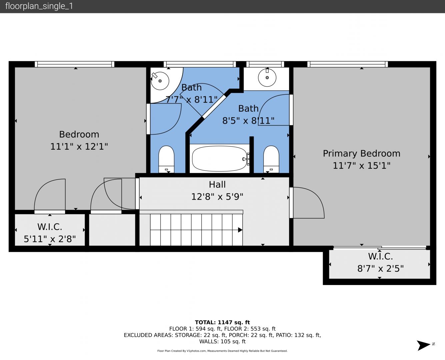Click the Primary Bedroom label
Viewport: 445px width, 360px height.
tap(362, 154)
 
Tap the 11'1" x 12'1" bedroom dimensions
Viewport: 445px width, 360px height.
tap(79, 146)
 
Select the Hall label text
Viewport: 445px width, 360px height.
tap(217, 184)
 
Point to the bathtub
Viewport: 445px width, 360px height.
tap(220, 159)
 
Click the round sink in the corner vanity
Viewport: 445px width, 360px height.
tap(160, 81)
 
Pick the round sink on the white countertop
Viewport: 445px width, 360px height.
tap(267, 78)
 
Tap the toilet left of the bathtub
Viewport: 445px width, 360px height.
tap(166, 159)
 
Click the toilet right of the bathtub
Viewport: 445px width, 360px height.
tap(271, 159)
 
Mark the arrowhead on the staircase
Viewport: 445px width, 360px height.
tap(240, 230)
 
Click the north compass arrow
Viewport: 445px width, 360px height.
tap(424, 345)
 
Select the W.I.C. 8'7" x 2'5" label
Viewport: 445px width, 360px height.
tap(380, 262)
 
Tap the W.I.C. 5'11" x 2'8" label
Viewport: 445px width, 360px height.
tap(50, 233)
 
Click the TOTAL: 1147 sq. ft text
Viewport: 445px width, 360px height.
tap(222, 322)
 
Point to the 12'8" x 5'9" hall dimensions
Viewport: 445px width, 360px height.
tap(217, 197)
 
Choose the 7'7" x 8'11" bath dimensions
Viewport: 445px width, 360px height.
tap(192, 100)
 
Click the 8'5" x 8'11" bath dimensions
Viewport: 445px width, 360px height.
tap(248, 121)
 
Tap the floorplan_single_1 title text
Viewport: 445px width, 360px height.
tap(39, 6)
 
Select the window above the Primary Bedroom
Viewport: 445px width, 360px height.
tap(348, 64)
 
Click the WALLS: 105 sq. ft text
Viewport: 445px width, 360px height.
tap(222, 342)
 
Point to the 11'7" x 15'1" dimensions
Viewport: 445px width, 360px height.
tap(362, 166)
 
